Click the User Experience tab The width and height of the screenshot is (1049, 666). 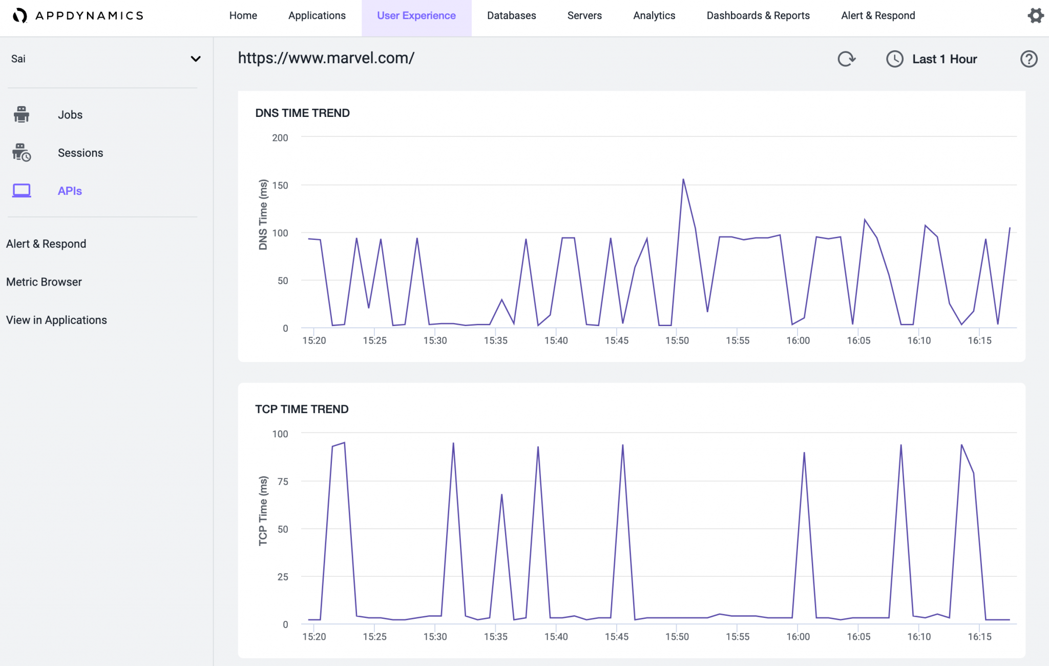coord(416,16)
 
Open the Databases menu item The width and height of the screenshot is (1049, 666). coord(511,16)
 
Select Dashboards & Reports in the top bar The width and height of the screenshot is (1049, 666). coord(758,16)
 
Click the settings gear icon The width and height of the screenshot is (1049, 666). coord(1035,16)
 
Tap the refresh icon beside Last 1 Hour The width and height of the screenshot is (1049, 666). coord(846,59)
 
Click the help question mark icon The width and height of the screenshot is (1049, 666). coord(1029,59)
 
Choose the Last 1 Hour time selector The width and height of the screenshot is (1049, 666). coord(943,59)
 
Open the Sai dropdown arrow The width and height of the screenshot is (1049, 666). coord(195,59)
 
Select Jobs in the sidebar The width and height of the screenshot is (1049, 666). coord(70,115)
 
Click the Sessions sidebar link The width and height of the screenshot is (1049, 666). coord(80,153)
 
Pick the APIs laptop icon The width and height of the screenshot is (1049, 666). coord(22,191)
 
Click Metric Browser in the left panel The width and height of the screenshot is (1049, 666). coord(44,282)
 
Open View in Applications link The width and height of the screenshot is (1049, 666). coord(56,320)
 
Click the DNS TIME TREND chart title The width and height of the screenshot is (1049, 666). coord(302,113)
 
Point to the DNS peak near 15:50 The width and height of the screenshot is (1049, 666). coord(683,180)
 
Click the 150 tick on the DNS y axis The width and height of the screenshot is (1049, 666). coord(280,185)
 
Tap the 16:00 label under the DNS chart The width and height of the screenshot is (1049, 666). coord(798,340)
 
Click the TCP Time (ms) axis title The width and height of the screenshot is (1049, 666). coord(263,511)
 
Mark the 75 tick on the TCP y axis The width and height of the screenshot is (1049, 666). coord(283,481)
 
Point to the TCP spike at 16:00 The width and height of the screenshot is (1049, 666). coord(804,453)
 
